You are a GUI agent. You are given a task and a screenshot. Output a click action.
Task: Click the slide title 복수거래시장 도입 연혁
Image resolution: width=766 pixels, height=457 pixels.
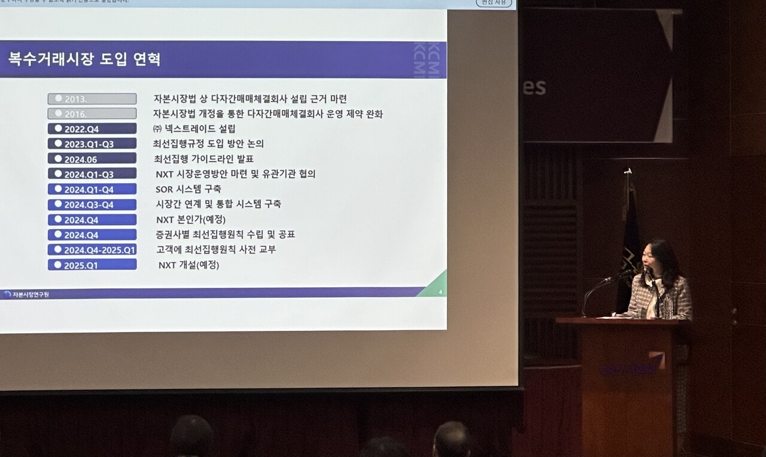pyautogui.click(x=84, y=60)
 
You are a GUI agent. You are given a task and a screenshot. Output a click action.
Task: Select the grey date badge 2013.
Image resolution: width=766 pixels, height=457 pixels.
pyautogui.click(x=92, y=99)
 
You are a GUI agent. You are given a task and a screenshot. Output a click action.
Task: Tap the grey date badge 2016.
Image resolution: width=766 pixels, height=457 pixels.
pyautogui.click(x=92, y=114)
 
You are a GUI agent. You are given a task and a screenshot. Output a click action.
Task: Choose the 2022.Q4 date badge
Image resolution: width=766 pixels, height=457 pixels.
pyautogui.click(x=92, y=129)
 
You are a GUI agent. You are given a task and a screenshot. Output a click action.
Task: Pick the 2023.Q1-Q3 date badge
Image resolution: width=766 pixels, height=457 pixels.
pyautogui.click(x=92, y=144)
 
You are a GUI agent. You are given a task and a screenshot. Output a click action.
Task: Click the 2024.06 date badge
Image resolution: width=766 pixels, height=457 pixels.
pyautogui.click(x=92, y=159)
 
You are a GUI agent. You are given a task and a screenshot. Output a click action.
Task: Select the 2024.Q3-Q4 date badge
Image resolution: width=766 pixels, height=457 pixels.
pyautogui.click(x=92, y=205)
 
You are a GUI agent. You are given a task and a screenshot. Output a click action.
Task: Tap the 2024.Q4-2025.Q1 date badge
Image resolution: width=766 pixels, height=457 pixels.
pyautogui.click(x=92, y=249)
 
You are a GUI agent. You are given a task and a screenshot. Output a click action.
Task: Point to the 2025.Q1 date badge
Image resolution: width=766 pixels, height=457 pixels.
pyautogui.click(x=92, y=264)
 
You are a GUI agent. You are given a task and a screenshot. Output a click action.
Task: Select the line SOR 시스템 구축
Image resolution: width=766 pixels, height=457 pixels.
pyautogui.click(x=189, y=189)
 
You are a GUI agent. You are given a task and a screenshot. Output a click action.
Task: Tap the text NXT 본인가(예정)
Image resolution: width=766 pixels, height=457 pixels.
pyautogui.click(x=191, y=220)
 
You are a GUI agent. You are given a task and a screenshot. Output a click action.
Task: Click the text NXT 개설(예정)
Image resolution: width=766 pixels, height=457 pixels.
pyautogui.click(x=189, y=264)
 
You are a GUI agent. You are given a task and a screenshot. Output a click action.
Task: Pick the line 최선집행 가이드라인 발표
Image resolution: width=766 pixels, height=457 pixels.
pyautogui.click(x=203, y=159)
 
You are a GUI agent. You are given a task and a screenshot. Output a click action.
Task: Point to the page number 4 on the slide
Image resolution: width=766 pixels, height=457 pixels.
pyautogui.click(x=440, y=292)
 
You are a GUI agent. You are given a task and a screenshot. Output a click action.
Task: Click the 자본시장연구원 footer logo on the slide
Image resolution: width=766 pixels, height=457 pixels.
pyautogui.click(x=26, y=294)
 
